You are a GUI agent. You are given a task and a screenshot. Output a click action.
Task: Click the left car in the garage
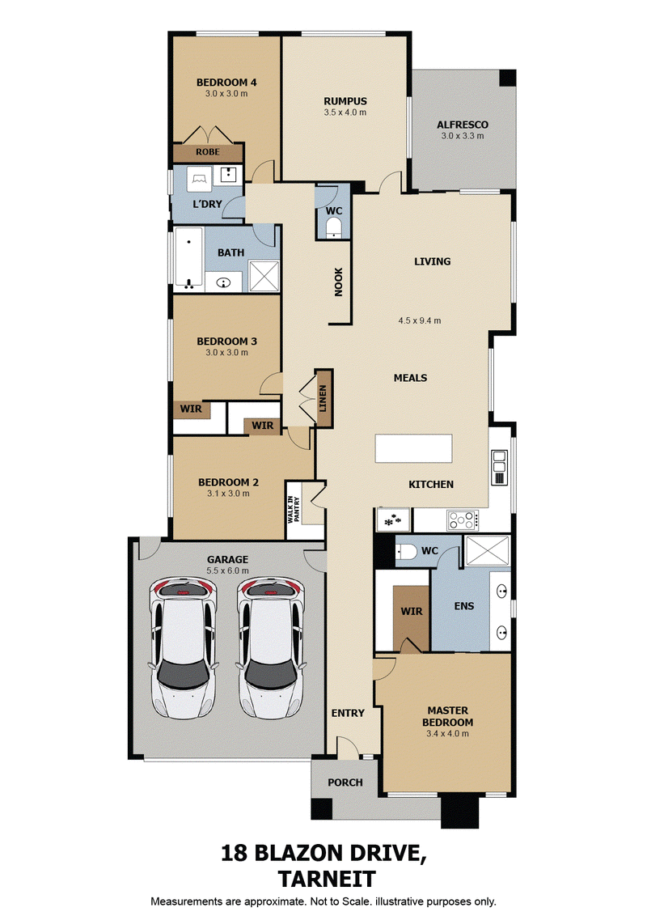point(184,647)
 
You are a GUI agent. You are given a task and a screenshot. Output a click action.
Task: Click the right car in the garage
point(271,647)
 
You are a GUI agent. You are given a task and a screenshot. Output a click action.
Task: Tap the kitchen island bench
point(414,448)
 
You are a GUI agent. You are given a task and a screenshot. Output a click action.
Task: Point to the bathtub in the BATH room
point(188,257)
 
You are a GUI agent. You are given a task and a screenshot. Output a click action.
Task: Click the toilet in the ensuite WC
point(407,551)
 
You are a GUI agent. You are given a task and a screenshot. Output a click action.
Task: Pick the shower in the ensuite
point(487,549)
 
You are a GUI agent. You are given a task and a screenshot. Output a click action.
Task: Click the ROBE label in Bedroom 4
point(208,152)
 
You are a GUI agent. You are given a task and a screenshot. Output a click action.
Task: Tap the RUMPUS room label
point(345,101)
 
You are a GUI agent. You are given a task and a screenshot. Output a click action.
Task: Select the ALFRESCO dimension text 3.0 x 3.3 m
point(463,135)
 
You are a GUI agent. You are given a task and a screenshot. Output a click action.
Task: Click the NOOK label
point(339,282)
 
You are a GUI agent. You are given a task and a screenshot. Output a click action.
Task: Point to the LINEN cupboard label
point(323,398)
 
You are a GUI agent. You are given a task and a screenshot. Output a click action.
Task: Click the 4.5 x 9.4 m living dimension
point(420,320)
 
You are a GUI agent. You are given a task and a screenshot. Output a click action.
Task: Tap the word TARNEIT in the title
point(327,880)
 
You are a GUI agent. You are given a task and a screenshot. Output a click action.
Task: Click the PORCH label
point(345,782)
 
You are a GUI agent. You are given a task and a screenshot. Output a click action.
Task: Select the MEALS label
point(411,378)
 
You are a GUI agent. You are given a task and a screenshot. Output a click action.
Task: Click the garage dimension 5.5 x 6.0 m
point(227,570)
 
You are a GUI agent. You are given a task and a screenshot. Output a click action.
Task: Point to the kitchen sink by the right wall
point(499,468)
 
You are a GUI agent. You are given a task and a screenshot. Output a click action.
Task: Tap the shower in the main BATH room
point(264,276)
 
